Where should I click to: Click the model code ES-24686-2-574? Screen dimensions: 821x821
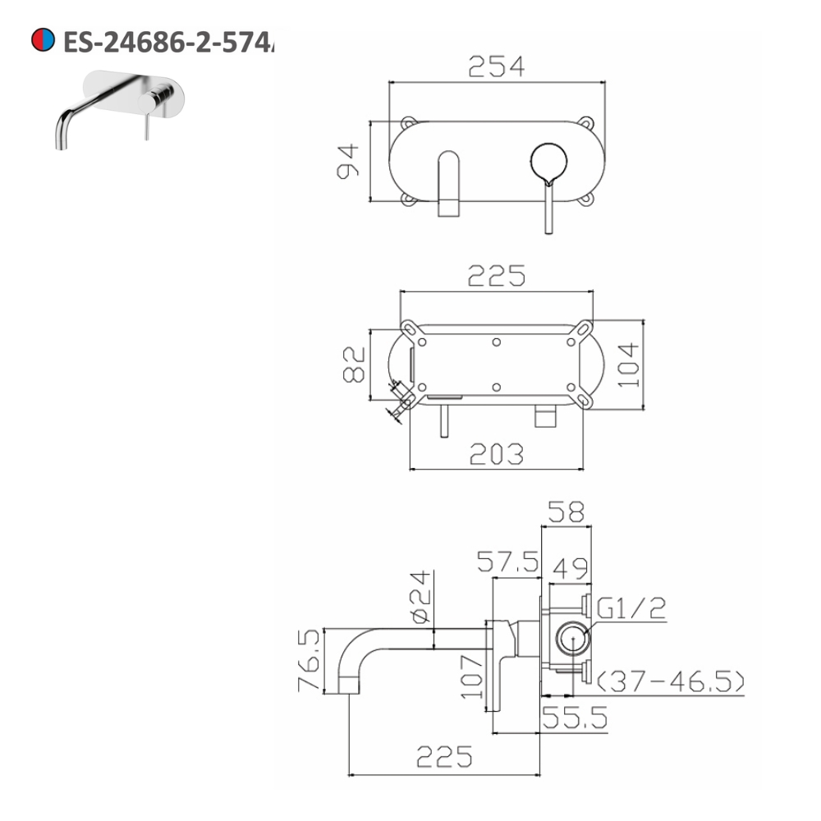168,40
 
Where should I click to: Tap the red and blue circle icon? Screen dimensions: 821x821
43,39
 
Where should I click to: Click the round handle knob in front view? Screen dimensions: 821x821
548,162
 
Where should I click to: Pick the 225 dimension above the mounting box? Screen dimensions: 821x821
496,277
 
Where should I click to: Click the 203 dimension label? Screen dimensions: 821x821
496,453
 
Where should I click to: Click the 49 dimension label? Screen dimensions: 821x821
567,566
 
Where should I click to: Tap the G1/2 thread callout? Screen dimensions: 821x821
631,608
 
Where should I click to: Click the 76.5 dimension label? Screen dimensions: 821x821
310,661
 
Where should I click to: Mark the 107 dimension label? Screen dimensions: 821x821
471,676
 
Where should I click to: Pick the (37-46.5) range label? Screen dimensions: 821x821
671,681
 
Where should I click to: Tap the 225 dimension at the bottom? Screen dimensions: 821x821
444,757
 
